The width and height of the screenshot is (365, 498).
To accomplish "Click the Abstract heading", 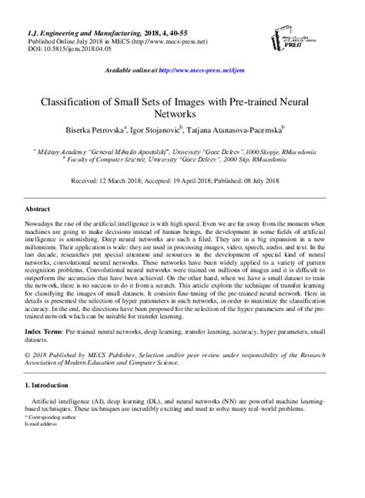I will coord(38,209).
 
